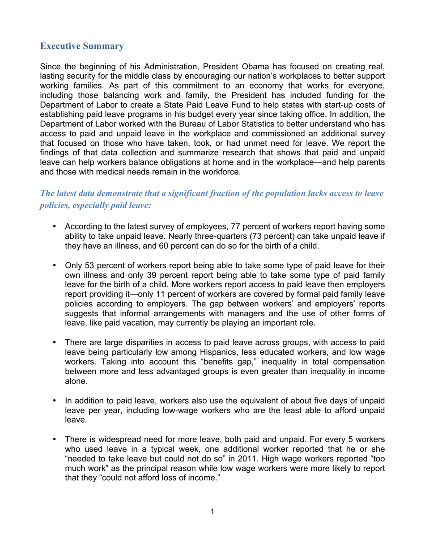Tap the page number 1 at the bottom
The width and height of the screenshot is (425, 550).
click(212, 512)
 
